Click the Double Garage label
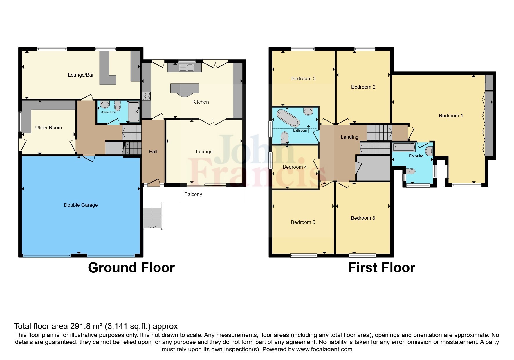click(x=81, y=205)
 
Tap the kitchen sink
click(x=187, y=68)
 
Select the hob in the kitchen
click(x=146, y=96)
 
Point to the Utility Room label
click(x=48, y=127)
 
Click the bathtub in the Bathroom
click(x=288, y=118)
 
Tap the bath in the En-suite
click(x=404, y=147)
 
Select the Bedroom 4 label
click(x=295, y=167)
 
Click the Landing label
click(x=349, y=137)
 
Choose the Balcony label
click(x=193, y=194)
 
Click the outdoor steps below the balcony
click(x=152, y=218)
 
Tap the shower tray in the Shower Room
click(x=134, y=111)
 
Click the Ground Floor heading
click(x=131, y=267)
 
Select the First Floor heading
click(x=381, y=267)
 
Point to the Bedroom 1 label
click(x=451, y=116)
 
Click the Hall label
click(x=153, y=152)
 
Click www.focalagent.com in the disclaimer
click(x=324, y=349)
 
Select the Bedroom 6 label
click(x=363, y=218)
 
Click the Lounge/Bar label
click(x=81, y=75)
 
